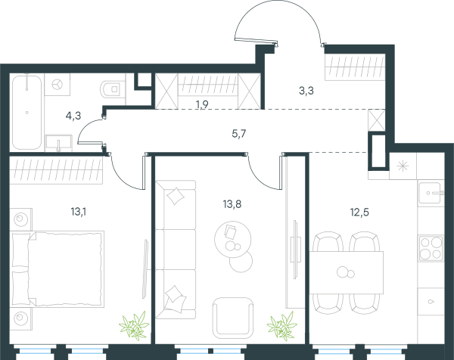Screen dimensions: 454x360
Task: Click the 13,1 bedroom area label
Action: click(x=79, y=212)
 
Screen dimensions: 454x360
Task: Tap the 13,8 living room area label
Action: click(x=232, y=204)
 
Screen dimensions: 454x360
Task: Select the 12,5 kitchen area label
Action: click(x=359, y=213)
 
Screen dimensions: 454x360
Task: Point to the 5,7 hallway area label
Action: click(x=239, y=134)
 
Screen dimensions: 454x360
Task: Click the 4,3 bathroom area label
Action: click(x=73, y=116)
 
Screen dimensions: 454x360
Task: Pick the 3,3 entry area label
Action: click(x=306, y=91)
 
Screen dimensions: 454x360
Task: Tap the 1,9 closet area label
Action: click(x=202, y=104)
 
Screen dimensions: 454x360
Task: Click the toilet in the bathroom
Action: click(x=113, y=88)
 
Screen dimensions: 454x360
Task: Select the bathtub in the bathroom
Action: click(x=26, y=113)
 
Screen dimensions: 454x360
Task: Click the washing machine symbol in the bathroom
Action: click(x=58, y=85)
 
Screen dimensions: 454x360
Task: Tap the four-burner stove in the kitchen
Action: click(x=431, y=248)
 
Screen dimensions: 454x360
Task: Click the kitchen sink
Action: click(x=431, y=193)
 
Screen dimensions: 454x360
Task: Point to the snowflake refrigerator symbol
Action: click(x=403, y=166)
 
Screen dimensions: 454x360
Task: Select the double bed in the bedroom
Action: click(x=58, y=268)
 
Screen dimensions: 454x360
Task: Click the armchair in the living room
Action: click(x=233, y=318)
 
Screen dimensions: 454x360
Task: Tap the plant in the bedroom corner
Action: click(x=134, y=325)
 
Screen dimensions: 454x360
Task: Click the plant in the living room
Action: click(x=281, y=325)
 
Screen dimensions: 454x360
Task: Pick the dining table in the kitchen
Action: click(x=347, y=272)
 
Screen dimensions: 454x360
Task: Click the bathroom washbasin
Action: click(x=58, y=143)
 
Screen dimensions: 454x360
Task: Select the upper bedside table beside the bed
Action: click(x=21, y=219)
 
